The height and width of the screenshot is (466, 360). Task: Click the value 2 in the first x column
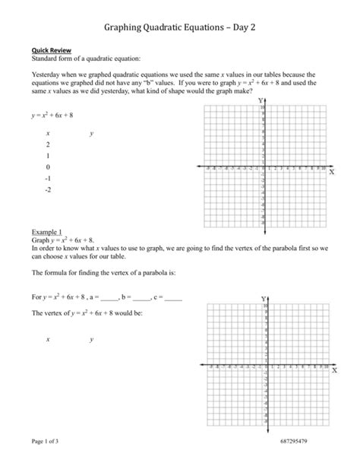(x=47, y=144)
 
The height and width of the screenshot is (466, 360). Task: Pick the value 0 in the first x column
(x=47, y=166)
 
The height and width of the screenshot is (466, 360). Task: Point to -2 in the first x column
(x=48, y=190)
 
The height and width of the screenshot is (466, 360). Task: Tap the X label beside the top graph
(x=333, y=173)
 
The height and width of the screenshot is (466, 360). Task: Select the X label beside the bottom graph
(x=333, y=372)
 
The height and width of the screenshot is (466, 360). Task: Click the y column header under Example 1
(x=91, y=340)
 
